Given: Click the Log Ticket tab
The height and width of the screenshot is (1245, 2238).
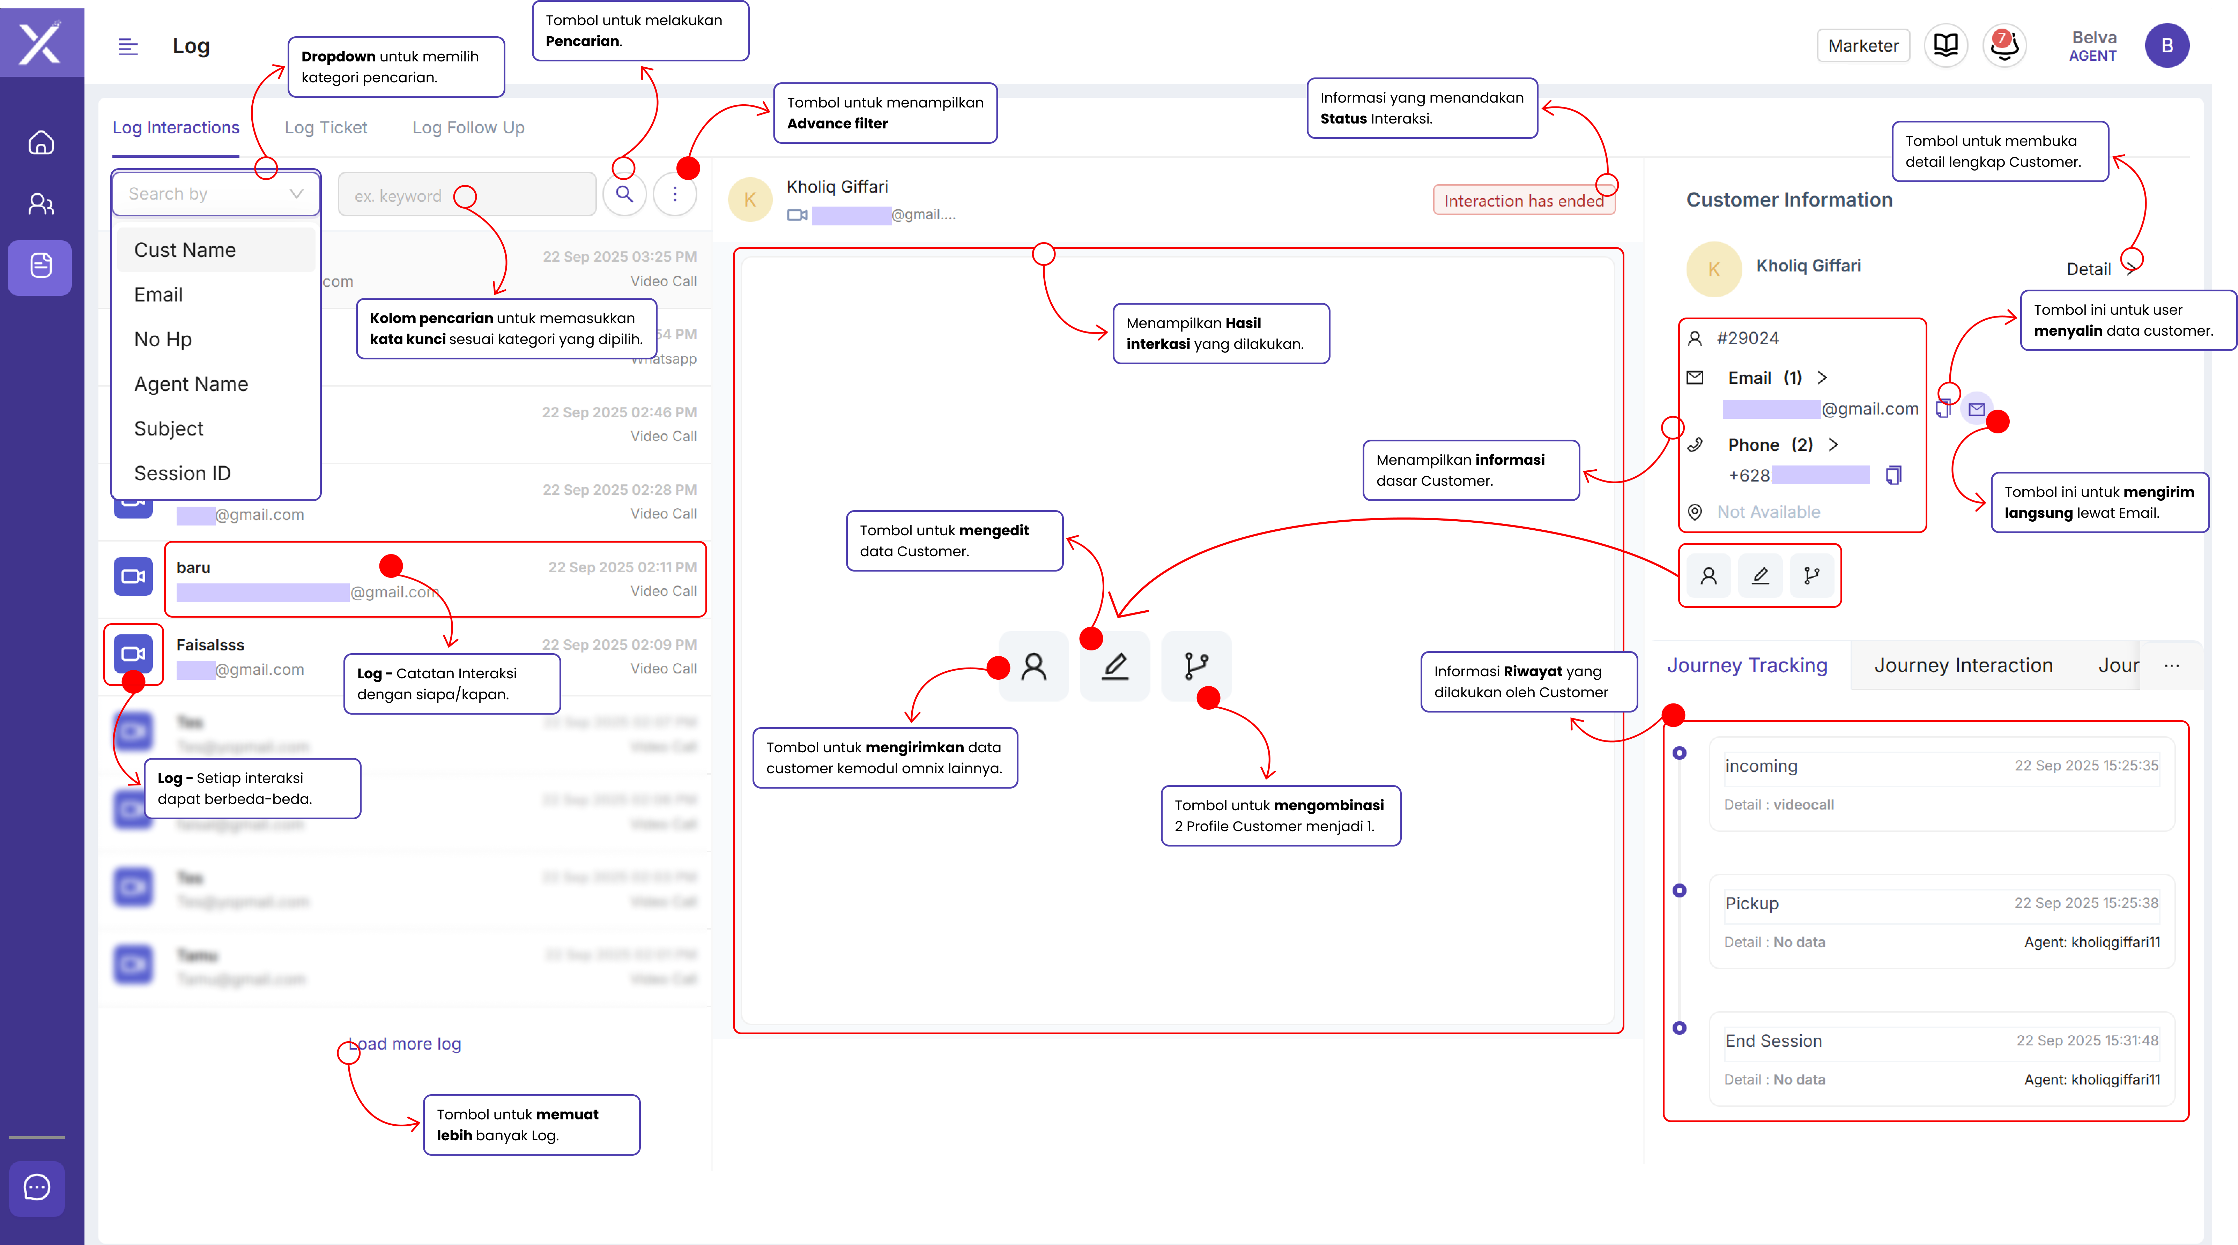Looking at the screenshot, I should point(326,128).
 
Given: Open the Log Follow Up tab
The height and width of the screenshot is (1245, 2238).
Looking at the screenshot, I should point(468,128).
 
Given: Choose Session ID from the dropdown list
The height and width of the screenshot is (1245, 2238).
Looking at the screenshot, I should point(183,474).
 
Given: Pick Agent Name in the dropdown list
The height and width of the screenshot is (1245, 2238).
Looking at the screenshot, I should point(191,384).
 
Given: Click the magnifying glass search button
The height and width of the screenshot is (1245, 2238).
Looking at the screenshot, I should point(625,194).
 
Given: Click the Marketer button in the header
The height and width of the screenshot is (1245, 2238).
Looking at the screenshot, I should point(1863,46).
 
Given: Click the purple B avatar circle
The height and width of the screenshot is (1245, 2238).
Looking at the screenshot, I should point(2167,46).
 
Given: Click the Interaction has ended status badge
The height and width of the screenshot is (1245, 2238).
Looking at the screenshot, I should point(1523,201).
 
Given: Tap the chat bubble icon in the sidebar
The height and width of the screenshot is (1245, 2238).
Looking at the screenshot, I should point(37,1188).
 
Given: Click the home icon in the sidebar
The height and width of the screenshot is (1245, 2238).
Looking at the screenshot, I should point(41,142).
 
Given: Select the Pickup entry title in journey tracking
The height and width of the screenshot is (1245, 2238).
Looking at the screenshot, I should point(1751,903).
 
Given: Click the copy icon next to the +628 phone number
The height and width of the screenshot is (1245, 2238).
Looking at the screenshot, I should point(1894,475).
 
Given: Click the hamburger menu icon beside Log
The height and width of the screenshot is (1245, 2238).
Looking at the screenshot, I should point(128,47).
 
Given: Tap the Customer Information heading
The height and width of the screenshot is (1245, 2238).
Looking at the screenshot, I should point(1789,200).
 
